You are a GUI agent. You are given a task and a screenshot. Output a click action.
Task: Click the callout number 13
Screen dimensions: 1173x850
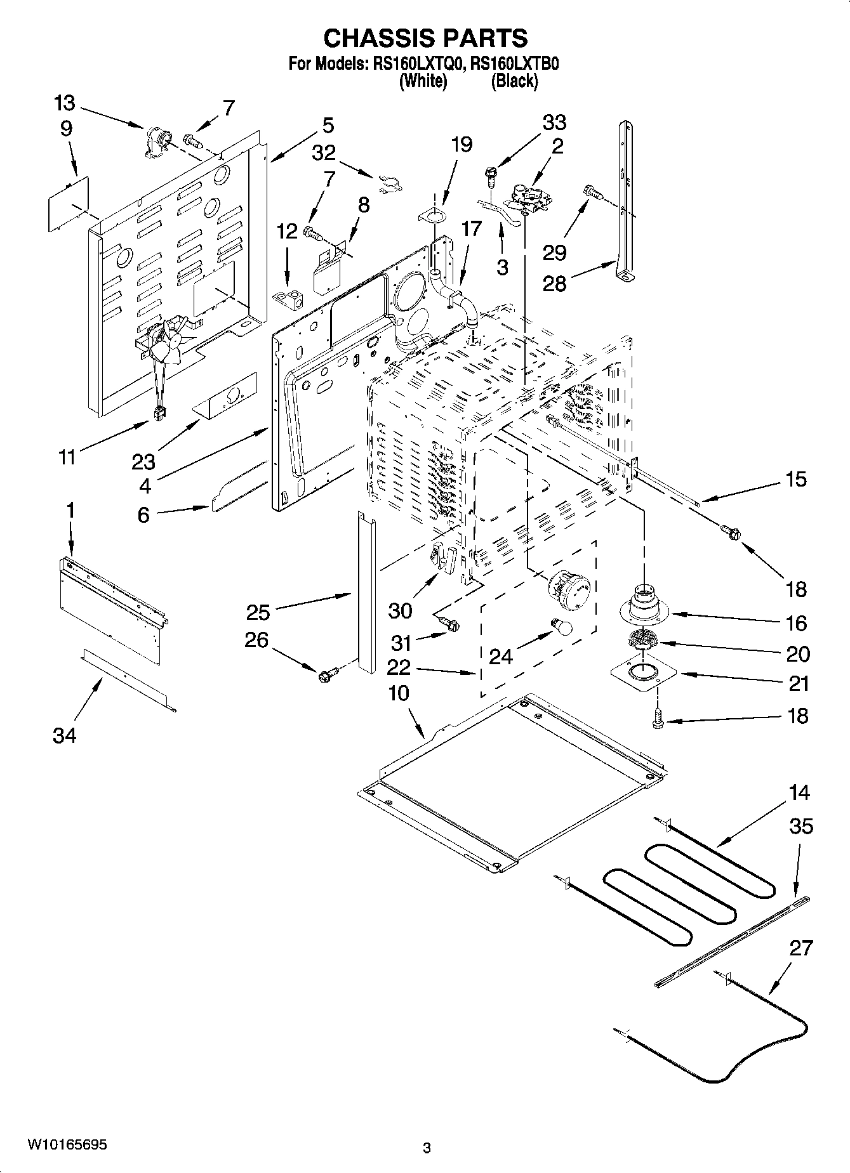click(x=64, y=103)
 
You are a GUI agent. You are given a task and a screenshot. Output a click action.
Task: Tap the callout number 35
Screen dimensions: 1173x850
click(x=800, y=827)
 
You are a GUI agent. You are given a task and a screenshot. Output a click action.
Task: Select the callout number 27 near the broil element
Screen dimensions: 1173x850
click(x=800, y=948)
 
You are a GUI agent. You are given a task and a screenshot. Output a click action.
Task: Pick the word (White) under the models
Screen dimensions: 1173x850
click(x=423, y=81)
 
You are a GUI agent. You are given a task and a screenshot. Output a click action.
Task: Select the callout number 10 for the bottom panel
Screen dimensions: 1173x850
click(x=398, y=693)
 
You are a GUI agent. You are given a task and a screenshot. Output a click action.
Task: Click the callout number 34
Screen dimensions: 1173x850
click(x=64, y=735)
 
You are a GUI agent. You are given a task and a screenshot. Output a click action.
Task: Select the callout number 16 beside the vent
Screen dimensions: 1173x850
click(x=797, y=623)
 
